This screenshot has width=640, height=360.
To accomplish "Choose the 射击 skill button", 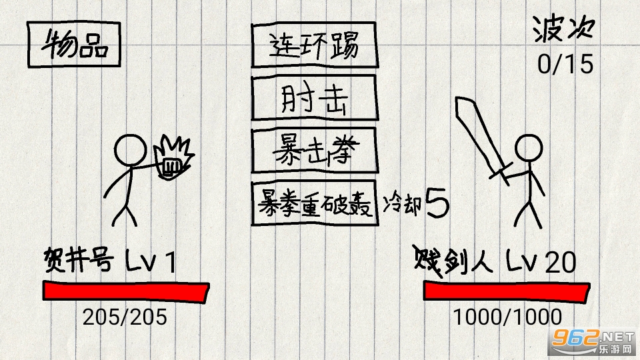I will [313, 99].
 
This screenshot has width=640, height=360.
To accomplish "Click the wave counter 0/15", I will [565, 65].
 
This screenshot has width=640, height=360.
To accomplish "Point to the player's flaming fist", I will [172, 158].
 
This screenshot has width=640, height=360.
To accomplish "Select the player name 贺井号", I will [77, 259].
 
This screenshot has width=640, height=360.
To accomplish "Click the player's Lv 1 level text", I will [151, 262].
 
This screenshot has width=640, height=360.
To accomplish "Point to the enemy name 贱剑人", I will [454, 261].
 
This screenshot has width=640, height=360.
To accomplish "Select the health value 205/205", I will [125, 317].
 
